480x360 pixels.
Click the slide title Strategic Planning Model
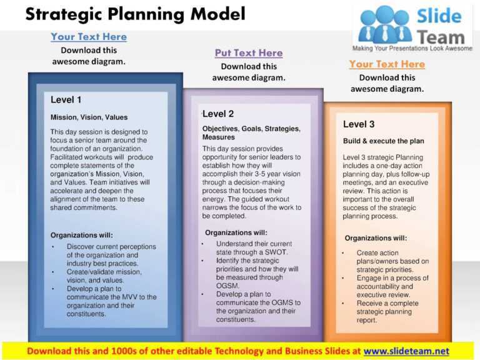tap(135, 14)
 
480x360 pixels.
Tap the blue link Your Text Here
tap(89, 37)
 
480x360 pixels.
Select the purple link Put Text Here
tap(249, 53)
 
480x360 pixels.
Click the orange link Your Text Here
tap(387, 64)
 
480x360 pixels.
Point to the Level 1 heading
tap(66, 99)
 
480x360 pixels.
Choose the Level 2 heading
tap(218, 114)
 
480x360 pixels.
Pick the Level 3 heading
tap(359, 124)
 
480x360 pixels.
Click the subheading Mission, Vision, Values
tap(89, 117)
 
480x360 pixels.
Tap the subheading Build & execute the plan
tap(384, 141)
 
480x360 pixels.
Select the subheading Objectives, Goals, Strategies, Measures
tap(251, 132)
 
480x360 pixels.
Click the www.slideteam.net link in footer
tap(406, 351)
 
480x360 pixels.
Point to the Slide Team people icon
tap(386, 25)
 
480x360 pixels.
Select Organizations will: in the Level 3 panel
tap(376, 238)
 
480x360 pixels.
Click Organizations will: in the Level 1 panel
tap(82, 235)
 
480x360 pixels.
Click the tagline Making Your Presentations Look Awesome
tap(412, 48)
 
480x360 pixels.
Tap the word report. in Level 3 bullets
tap(367, 321)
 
